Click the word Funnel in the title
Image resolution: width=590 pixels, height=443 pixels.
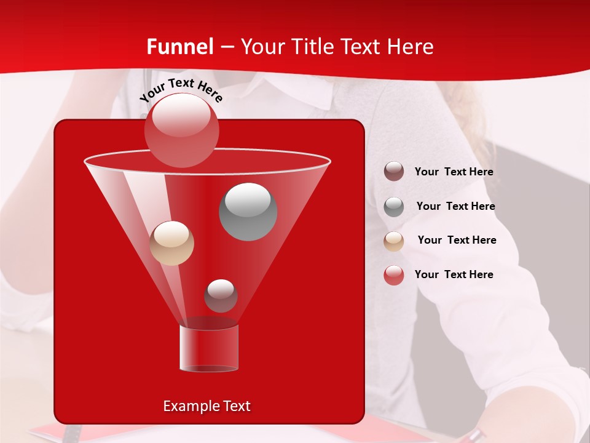[180, 47]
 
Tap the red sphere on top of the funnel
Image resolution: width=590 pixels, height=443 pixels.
[182, 129]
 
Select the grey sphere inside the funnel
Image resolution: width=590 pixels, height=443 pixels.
[248, 211]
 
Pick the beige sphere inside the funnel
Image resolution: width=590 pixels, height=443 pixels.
[171, 243]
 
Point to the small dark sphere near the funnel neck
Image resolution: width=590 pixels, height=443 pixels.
[221, 295]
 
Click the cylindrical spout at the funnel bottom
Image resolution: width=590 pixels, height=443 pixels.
[209, 348]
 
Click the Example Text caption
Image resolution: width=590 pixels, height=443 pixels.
[206, 406]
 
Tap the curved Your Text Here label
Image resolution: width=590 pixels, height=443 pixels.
[181, 89]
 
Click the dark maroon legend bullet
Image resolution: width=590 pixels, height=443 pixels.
[394, 172]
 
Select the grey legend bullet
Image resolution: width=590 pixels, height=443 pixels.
[394, 207]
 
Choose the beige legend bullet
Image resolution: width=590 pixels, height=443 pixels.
[394, 241]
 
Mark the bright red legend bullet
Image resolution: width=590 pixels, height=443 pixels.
[394, 275]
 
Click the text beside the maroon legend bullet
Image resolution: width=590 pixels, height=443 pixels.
[454, 172]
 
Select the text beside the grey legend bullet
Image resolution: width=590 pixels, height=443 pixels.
[455, 207]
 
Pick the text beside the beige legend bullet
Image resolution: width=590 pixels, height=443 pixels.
[457, 241]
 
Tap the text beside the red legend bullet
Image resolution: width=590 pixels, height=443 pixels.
[454, 275]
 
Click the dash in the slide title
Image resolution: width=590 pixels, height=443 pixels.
[227, 47]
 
